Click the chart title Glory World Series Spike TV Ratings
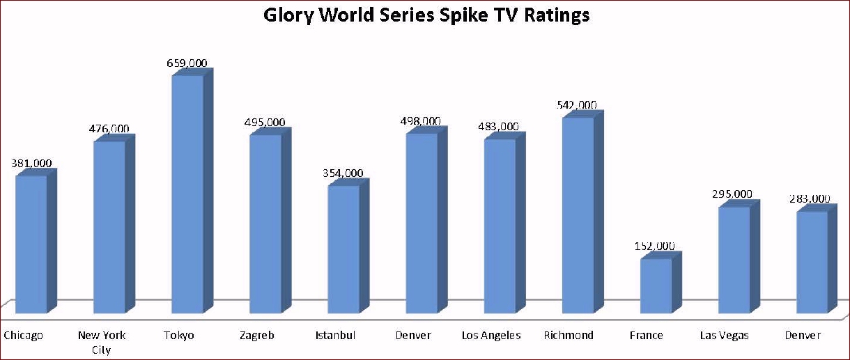tap(426, 15)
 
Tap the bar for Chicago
tap(31, 244)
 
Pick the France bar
tap(656, 285)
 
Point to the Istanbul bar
tap(343, 249)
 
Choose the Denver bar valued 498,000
tap(422, 222)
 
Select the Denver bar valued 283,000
tap(812, 261)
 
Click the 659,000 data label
tap(187, 63)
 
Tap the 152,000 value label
tap(655, 246)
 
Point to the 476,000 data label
tap(109, 129)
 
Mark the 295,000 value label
tap(732, 194)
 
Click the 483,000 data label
tap(498, 127)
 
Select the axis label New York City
tap(102, 342)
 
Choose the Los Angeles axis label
tap(491, 336)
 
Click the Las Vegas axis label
tap(725, 336)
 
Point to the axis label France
tap(646, 336)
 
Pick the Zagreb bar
tap(265, 223)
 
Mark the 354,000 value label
tap(343, 173)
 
